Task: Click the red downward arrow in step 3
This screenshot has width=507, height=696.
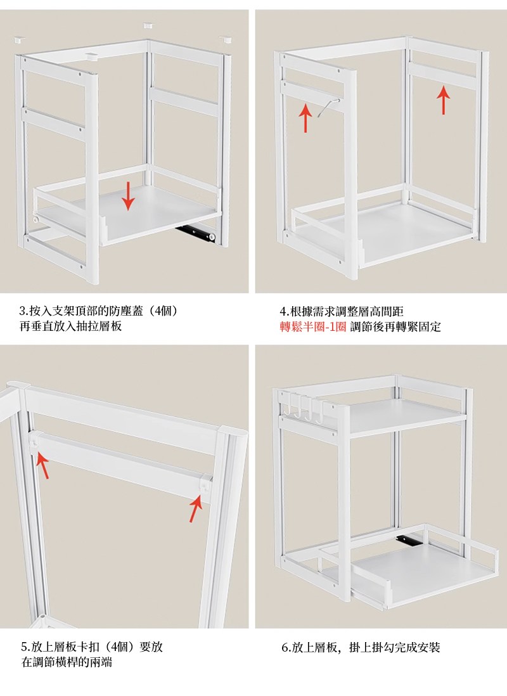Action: [128, 196]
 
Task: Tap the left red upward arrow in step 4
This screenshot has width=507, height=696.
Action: [305, 118]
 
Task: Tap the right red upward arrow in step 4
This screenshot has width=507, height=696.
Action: [443, 100]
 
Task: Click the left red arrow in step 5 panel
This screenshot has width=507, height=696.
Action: [42, 465]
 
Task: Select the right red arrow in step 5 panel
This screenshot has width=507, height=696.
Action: [196, 508]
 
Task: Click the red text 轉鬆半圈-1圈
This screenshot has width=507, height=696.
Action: [312, 326]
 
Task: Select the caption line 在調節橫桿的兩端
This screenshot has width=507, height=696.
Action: [67, 662]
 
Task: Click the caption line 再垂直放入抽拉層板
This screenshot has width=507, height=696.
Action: [70, 326]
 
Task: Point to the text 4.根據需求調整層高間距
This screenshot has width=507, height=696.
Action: [342, 311]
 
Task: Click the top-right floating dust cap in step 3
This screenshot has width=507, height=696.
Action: [226, 39]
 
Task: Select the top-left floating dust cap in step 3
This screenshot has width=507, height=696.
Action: [18, 40]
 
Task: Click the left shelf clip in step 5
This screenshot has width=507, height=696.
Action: [35, 442]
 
